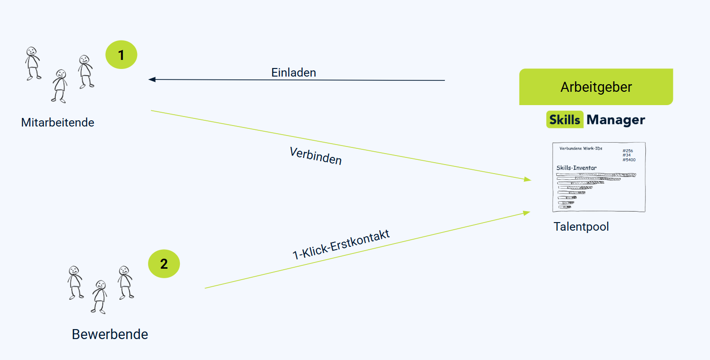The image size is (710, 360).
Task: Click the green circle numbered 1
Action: pos(121,55)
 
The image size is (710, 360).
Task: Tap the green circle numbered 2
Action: pos(164,264)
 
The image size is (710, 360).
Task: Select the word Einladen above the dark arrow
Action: pos(294,72)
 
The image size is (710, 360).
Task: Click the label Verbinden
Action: pos(316,156)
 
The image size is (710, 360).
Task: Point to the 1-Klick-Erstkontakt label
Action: pos(341,244)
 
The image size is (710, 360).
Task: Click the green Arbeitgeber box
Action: pos(596,87)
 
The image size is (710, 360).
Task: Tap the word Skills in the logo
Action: pos(564,120)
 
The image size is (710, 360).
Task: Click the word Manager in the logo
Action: pos(616,120)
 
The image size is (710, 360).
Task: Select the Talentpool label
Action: pos(581,227)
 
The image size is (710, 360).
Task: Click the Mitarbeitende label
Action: pos(58,123)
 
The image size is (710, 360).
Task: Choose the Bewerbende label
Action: pos(109,334)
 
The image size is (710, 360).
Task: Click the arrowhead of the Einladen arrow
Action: pos(152,79)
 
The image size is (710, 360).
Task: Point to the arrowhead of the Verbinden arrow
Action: pos(528,180)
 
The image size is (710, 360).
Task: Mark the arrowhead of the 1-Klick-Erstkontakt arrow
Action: pos(527,213)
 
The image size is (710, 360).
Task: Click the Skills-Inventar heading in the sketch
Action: pos(577,168)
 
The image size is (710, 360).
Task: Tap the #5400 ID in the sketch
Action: pos(629,160)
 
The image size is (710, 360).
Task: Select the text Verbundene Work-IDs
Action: pos(581,148)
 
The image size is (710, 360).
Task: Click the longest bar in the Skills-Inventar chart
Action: pos(596,175)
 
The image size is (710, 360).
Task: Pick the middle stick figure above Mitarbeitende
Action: pos(59,86)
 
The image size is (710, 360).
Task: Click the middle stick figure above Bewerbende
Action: pos(99,297)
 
